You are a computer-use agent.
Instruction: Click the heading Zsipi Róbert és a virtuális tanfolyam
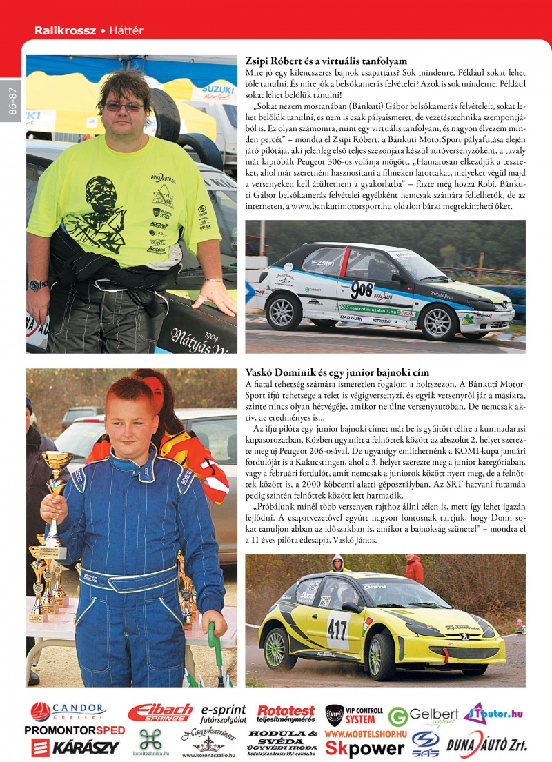point(326,61)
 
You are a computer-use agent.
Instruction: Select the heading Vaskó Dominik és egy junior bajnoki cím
point(337,372)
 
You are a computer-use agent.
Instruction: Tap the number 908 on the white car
point(362,290)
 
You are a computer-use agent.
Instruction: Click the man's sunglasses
point(124,107)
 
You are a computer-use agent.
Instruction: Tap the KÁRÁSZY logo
point(75,747)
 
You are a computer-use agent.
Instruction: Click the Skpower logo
point(365,748)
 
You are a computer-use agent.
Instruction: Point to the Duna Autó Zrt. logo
point(487,745)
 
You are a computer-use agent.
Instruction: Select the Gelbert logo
point(422,716)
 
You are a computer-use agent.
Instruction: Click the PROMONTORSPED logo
point(75,730)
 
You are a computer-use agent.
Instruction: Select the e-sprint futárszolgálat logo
point(223,713)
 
